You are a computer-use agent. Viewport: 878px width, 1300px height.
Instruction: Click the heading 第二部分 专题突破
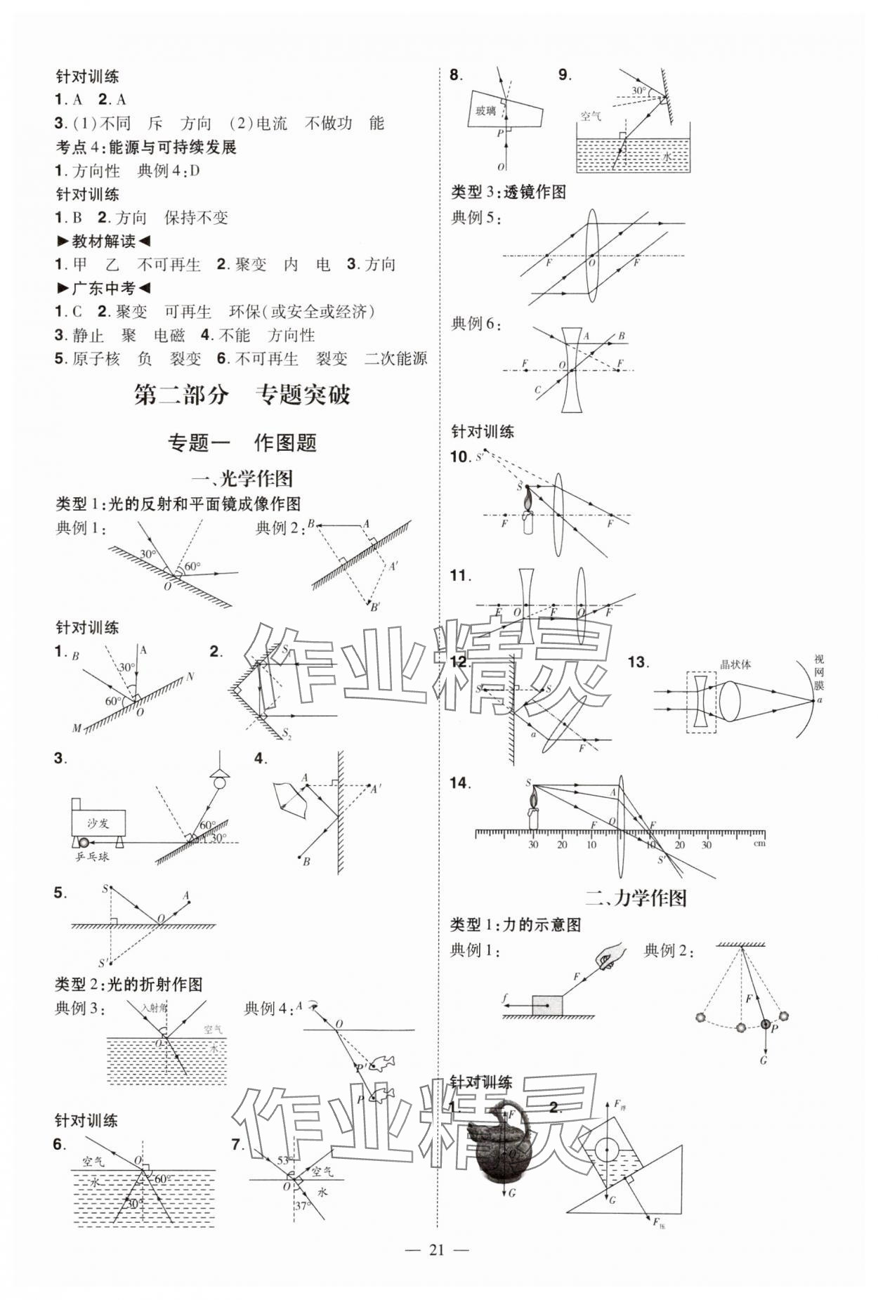click(242, 395)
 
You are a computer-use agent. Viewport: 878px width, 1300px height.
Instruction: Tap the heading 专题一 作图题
click(242, 442)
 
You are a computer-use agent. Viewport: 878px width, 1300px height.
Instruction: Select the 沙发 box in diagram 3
click(98, 822)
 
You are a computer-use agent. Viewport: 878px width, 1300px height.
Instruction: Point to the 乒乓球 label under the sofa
click(93, 856)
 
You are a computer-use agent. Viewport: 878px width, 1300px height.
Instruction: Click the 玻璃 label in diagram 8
click(485, 110)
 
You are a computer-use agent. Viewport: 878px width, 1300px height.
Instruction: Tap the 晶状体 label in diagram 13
click(735, 664)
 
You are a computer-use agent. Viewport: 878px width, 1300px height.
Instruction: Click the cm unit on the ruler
click(759, 843)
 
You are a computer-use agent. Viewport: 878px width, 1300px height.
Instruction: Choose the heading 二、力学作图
click(636, 898)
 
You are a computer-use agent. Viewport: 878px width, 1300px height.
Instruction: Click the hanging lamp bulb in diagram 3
click(221, 782)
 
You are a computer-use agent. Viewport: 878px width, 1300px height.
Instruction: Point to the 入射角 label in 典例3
click(155, 1007)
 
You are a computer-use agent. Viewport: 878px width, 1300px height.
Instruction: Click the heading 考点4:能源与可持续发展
click(146, 147)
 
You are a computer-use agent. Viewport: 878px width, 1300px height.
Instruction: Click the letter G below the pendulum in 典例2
click(764, 1061)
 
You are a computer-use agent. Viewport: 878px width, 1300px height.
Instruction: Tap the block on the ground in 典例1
click(547, 1005)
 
